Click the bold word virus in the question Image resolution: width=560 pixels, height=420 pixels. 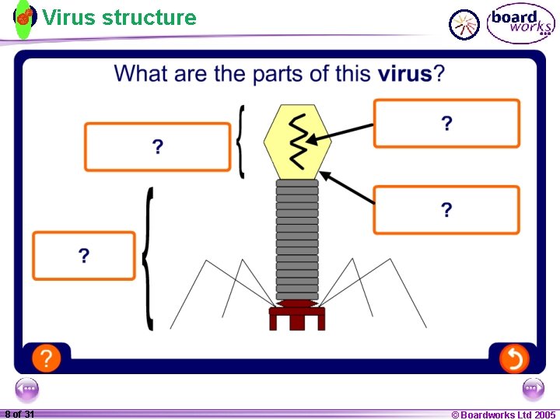[x=404, y=75]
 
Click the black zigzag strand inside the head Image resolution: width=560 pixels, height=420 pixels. [x=298, y=140]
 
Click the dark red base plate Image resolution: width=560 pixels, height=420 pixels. [x=296, y=315]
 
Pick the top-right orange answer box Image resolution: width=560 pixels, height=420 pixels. [x=446, y=123]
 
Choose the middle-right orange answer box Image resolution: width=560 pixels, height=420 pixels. [x=446, y=210]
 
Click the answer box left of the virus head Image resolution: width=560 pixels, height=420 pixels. [x=157, y=146]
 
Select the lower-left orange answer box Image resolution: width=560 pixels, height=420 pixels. [x=84, y=256]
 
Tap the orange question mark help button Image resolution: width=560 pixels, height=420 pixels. [x=47, y=359]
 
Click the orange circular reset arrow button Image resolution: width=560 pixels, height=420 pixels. [x=513, y=359]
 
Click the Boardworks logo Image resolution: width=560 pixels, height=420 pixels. [x=520, y=23]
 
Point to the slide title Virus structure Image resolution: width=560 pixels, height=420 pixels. [x=119, y=17]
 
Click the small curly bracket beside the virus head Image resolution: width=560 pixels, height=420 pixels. [x=241, y=142]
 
